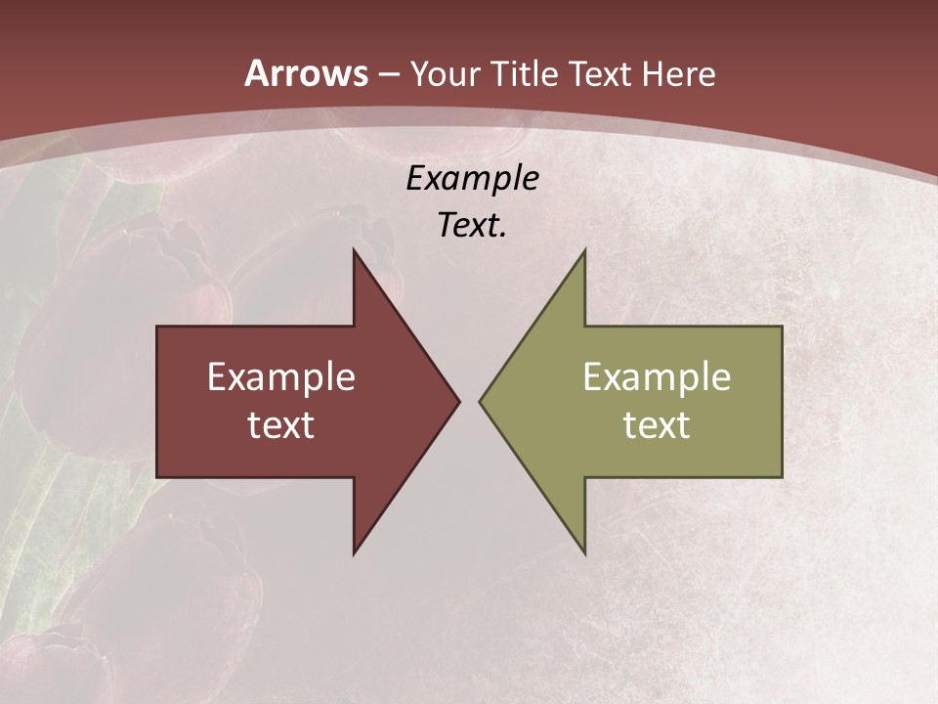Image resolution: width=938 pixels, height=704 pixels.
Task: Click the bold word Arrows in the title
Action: [307, 73]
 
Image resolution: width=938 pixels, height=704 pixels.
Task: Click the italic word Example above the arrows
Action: [472, 179]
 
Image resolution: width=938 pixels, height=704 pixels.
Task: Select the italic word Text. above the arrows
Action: [472, 226]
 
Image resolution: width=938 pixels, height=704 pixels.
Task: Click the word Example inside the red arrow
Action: [281, 377]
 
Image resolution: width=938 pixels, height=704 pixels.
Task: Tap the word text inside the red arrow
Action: [281, 425]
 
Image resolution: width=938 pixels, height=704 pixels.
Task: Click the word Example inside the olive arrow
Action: [657, 377]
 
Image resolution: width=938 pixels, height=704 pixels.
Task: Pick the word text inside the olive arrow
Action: [657, 425]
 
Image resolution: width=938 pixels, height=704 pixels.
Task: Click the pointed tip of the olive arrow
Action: [483, 401]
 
